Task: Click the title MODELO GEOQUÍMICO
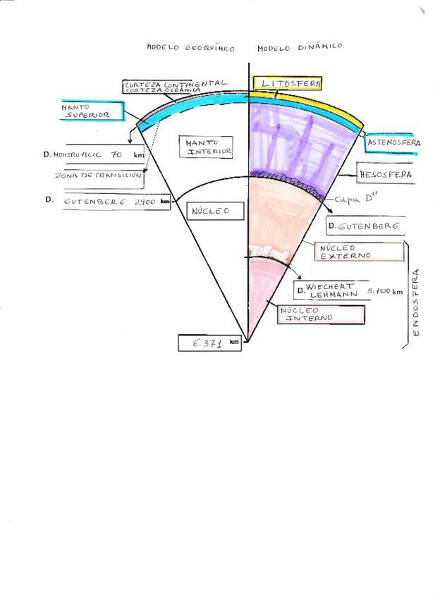pos(190,48)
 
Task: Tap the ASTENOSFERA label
pos(393,143)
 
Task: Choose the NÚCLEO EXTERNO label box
pos(344,252)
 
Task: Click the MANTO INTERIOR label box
pos(205,147)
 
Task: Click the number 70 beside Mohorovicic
pos(117,154)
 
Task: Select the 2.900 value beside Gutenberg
pos(144,202)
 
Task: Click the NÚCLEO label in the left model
pos(208,211)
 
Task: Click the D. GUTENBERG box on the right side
pos(364,226)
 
